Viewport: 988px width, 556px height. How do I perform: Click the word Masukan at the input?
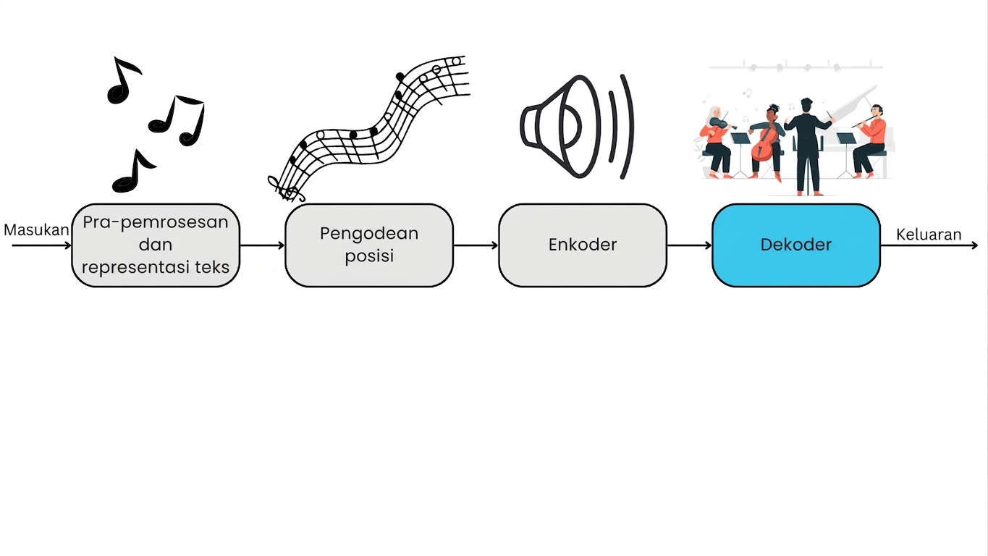pos(36,230)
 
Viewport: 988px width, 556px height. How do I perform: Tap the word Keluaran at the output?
pos(929,235)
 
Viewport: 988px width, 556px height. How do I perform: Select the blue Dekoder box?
pos(796,245)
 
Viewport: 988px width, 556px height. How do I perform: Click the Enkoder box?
pos(583,245)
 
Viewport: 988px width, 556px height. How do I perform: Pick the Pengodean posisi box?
pos(369,245)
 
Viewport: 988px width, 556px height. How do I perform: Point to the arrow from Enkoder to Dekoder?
pos(689,245)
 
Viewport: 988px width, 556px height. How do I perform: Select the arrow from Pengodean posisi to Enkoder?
pos(476,245)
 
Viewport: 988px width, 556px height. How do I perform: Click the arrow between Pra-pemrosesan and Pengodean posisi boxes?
pos(263,245)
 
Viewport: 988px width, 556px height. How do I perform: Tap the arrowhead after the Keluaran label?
pos(975,245)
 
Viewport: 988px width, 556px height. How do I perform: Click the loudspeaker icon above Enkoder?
pos(577,127)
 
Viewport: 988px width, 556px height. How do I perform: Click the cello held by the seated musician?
pos(765,143)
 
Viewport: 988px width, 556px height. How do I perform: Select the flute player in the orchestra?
pos(870,141)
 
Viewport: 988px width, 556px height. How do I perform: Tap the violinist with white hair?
pos(715,142)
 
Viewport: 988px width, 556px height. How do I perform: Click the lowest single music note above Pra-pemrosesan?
pos(134,172)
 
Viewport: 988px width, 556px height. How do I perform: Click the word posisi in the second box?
pos(369,256)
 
